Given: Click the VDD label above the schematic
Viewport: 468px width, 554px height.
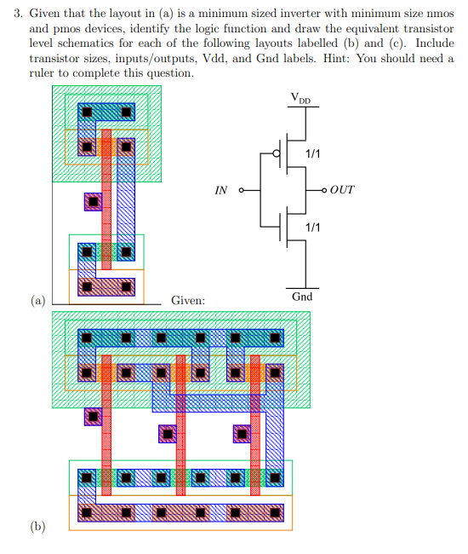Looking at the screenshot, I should [x=301, y=100].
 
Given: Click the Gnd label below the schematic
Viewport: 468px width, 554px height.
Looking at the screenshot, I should [x=302, y=297].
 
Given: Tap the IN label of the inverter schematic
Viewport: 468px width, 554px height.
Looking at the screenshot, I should [x=220, y=190].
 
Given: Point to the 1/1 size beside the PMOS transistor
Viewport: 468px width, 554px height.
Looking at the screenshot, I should [x=313, y=153].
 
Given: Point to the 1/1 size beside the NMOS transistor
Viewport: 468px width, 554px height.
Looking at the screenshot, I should [x=313, y=228].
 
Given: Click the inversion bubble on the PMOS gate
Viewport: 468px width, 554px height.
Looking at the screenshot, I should [x=275, y=153].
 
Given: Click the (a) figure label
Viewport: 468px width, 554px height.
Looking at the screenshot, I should [x=37, y=300].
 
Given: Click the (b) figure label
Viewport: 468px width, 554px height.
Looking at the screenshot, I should [x=37, y=526].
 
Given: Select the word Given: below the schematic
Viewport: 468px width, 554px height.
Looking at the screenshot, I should [x=188, y=300].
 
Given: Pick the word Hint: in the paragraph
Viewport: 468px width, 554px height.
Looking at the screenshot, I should [x=354, y=58].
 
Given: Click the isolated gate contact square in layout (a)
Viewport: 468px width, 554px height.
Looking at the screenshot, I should [x=93, y=201].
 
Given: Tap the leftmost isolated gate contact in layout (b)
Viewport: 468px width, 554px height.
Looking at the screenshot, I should [x=93, y=417].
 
